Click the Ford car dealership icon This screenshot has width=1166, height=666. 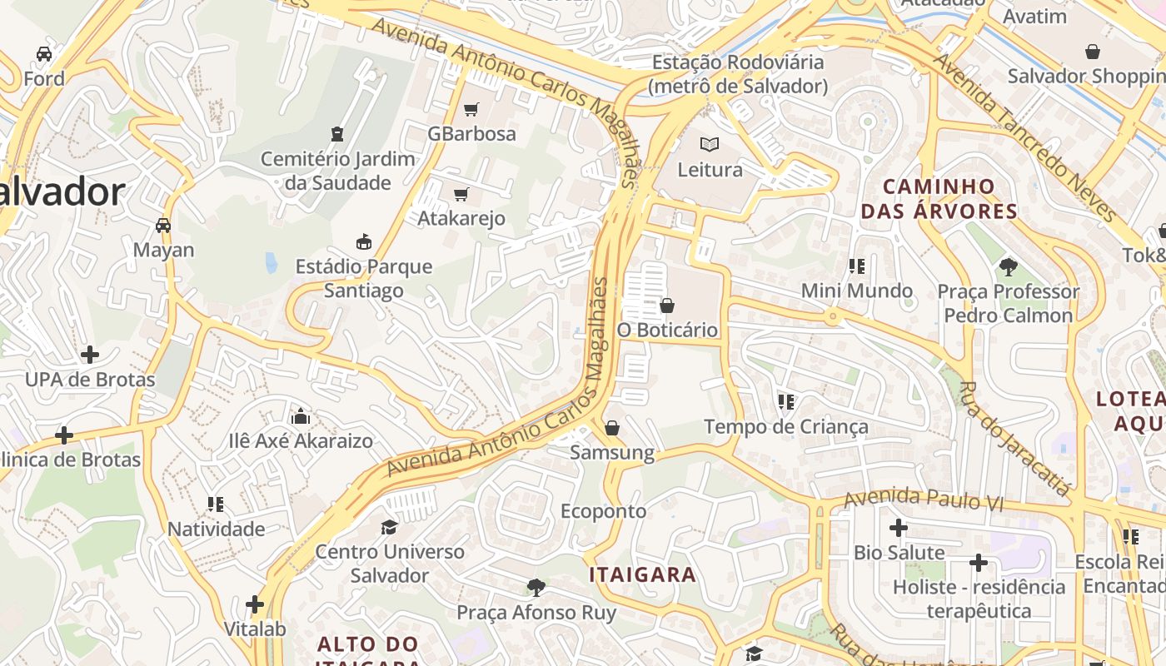tap(44, 54)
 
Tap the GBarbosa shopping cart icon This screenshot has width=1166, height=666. tap(471, 109)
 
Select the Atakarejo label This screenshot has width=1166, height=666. tap(461, 218)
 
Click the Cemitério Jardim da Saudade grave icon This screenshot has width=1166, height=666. tap(337, 134)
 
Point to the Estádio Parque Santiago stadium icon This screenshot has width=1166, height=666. tap(363, 242)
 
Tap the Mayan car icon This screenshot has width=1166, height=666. tap(163, 226)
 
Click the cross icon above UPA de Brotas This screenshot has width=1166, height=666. tap(89, 355)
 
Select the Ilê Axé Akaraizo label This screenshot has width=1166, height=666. tap(301, 440)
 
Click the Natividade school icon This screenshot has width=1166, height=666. tap(216, 504)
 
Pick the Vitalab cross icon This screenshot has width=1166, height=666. tap(255, 604)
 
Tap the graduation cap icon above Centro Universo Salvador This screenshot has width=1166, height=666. tap(389, 527)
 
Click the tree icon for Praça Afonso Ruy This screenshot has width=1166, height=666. tap(536, 588)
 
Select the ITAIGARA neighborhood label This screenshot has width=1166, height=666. tap(642, 574)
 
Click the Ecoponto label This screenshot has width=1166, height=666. tap(603, 510)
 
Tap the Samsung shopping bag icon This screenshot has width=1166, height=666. tap(612, 428)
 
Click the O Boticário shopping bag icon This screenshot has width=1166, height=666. tap(667, 306)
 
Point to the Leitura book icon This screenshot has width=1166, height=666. tap(710, 144)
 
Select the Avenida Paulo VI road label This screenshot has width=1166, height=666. tap(924, 499)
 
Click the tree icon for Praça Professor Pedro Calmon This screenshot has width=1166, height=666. tap(1008, 267)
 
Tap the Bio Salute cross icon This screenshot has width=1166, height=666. tap(898, 528)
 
